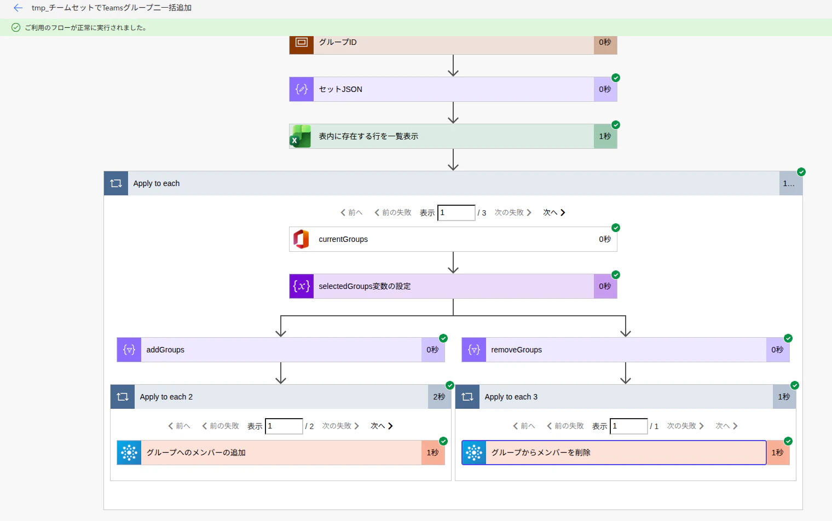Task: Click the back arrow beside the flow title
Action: (x=18, y=8)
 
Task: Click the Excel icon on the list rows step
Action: (x=301, y=136)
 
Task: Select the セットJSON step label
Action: (x=340, y=89)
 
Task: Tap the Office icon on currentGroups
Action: (x=301, y=239)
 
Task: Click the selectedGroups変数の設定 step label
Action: (x=365, y=286)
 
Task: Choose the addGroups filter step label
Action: (x=165, y=350)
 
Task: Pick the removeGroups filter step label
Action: (x=516, y=350)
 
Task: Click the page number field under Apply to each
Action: (x=456, y=213)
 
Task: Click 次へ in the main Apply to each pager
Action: (x=554, y=212)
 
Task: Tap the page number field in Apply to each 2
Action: (x=284, y=426)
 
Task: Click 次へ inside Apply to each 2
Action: (x=382, y=426)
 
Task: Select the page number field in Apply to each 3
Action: (x=629, y=426)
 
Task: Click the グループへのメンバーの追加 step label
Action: (x=196, y=453)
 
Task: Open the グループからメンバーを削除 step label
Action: (x=541, y=453)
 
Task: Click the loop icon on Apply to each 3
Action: (x=467, y=397)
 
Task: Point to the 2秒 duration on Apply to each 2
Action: (x=439, y=397)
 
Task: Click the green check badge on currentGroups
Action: (x=615, y=228)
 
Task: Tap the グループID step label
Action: (x=338, y=42)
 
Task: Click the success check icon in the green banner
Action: (x=15, y=27)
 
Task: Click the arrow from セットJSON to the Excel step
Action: (x=453, y=113)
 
